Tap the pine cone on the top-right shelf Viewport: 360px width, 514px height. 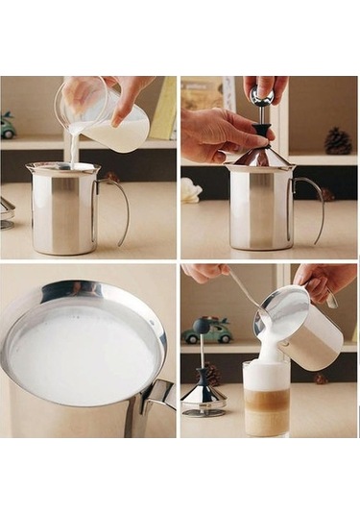[x=337, y=141]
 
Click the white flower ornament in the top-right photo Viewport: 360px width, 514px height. [x=190, y=189]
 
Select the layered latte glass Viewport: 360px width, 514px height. [x=266, y=399]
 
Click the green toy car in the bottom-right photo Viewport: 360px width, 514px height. [x=207, y=330]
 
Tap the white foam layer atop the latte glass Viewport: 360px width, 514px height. [x=266, y=374]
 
